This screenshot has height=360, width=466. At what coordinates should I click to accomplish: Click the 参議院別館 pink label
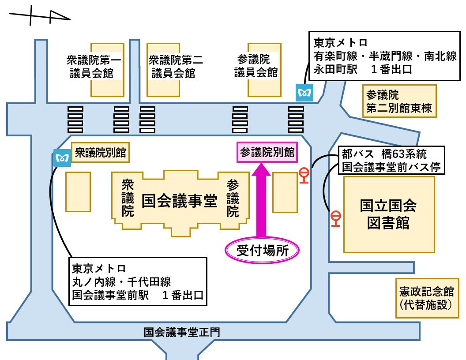click(267, 152)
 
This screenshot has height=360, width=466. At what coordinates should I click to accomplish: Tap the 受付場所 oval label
click(263, 251)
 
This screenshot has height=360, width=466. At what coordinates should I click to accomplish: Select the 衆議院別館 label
click(100, 153)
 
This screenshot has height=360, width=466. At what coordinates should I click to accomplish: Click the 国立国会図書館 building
click(388, 214)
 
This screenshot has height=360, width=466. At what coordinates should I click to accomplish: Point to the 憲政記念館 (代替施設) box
click(426, 298)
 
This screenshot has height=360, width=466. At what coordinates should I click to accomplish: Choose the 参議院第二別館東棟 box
click(399, 101)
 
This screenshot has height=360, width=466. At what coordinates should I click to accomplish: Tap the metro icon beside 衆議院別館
click(62, 157)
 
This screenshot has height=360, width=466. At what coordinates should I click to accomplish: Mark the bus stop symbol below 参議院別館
click(304, 175)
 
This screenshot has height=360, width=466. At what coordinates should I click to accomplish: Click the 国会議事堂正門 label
click(181, 332)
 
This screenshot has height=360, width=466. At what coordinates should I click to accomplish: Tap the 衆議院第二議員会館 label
click(176, 66)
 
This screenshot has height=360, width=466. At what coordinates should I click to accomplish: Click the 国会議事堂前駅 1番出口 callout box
click(138, 282)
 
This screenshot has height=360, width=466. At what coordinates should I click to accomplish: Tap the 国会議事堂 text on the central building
click(180, 202)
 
